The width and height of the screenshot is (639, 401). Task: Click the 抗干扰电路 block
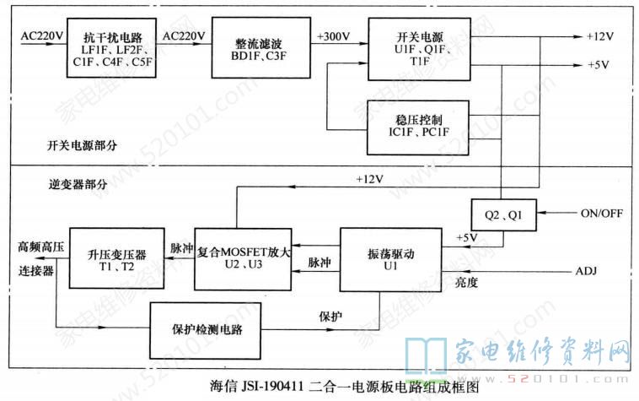[x=112, y=49]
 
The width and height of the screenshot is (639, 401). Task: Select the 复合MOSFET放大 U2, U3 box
[x=244, y=259]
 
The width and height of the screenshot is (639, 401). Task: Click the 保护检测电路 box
[x=207, y=328]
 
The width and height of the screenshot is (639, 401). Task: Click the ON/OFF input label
[x=602, y=214]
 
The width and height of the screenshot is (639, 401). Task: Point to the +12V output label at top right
[x=602, y=37]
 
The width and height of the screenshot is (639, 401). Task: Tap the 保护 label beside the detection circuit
[x=330, y=317]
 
